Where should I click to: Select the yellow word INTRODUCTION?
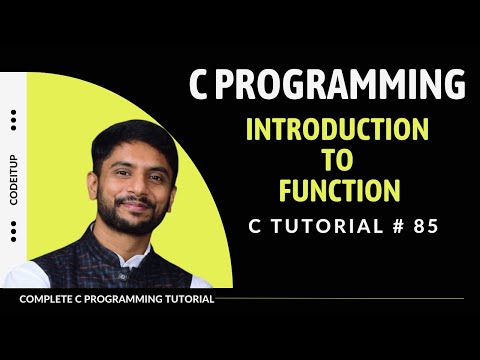click(337, 131)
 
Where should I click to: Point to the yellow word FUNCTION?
click(337, 189)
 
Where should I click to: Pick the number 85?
click(424, 226)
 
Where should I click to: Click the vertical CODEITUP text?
click(13, 180)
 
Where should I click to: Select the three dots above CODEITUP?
click(13, 119)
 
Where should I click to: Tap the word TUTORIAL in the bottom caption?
click(183, 299)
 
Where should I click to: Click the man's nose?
click(133, 190)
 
